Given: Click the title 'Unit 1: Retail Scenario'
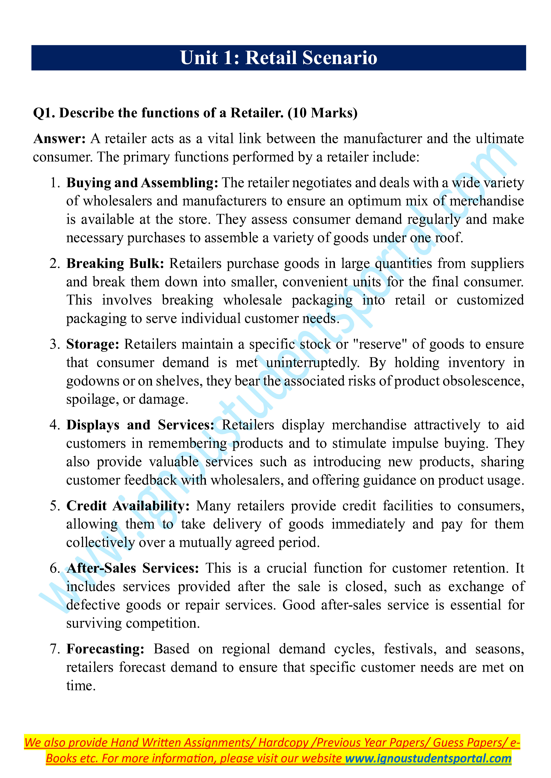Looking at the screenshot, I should click(278, 58).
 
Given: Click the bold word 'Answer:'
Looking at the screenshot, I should click(59, 139).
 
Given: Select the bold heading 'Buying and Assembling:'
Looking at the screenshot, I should click(142, 183).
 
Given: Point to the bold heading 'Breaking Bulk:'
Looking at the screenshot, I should click(115, 263).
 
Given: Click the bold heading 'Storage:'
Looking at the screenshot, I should click(93, 344).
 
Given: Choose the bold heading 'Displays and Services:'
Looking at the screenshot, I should click(140, 425).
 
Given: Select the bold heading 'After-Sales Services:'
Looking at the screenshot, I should click(133, 568).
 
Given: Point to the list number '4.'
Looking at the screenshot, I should click(55, 425).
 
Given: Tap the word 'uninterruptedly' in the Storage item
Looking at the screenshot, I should click(312, 363).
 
